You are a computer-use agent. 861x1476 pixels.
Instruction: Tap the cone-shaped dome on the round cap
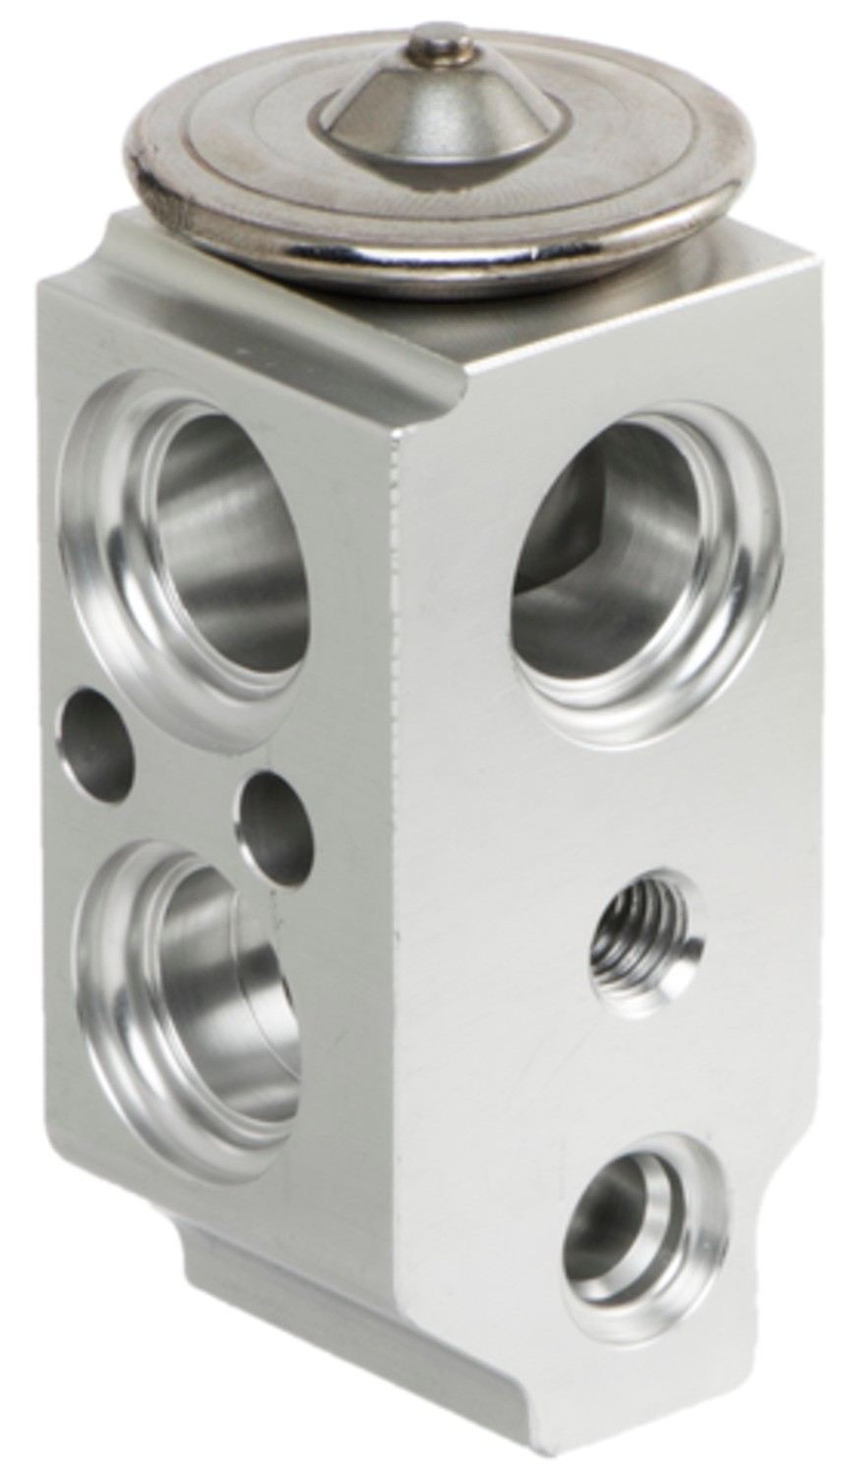point(443,118)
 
